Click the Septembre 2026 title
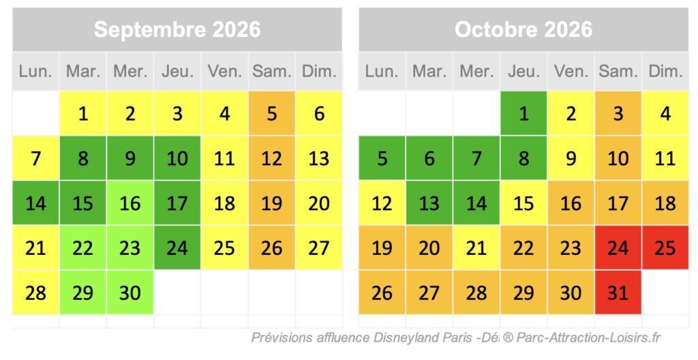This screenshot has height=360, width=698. pos(177,29)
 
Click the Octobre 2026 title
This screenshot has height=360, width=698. pos(523,29)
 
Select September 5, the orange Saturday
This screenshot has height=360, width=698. pos(272,113)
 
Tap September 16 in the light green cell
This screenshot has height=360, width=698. pos(130,203)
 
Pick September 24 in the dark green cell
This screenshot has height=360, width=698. pos(177,247)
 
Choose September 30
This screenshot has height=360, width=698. pos(130,292)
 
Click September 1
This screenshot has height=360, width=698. pos(83,113)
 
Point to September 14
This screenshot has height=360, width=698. pos(35,203)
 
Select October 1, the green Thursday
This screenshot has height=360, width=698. pos(523,113)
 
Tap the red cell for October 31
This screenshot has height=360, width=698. pos(618,292)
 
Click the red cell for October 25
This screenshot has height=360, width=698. pos(665,247)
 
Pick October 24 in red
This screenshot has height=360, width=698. pos(618,247)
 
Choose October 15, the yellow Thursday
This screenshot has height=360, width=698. pos(523,203)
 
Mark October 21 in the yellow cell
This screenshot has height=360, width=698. pos(476,247)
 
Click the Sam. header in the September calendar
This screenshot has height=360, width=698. pos(272,71)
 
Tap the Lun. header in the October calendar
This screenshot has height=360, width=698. pos(382,71)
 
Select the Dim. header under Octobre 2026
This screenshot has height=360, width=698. pos(665,71)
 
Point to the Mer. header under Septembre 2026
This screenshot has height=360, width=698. pos(130,71)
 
